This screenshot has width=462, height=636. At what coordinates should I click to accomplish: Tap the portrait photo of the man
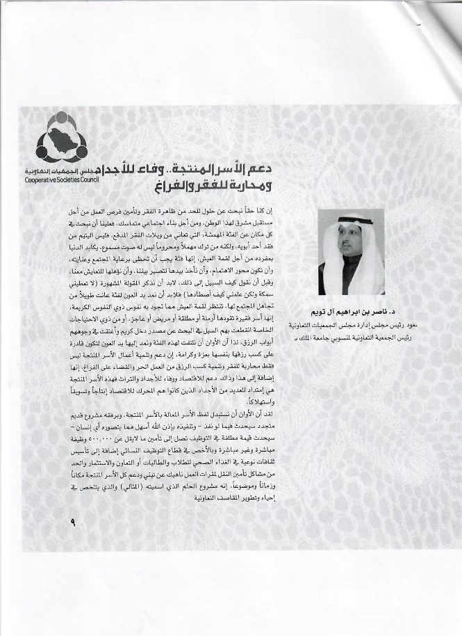[x=351, y=251]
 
